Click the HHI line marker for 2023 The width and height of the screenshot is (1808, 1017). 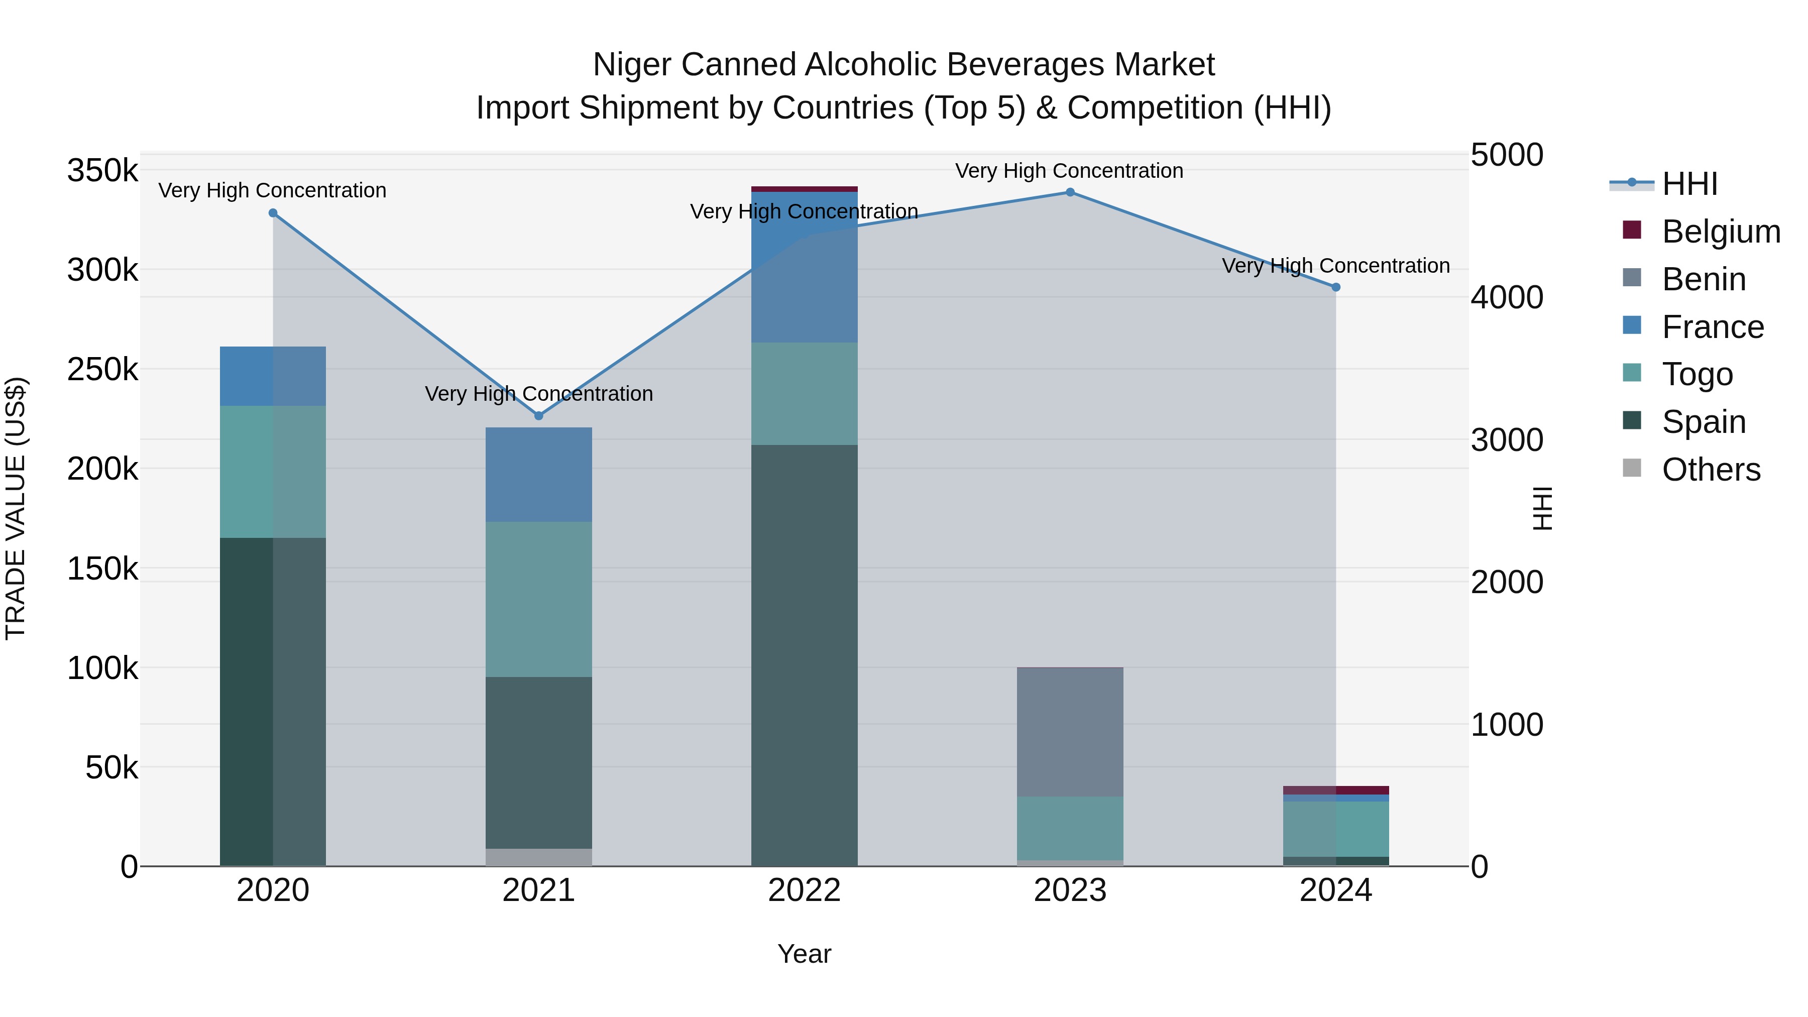(1070, 192)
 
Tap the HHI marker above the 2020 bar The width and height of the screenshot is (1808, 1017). (273, 213)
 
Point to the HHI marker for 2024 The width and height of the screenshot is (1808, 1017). (1335, 287)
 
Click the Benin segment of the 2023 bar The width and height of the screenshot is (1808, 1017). (1070, 732)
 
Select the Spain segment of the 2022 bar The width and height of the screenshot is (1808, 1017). (805, 655)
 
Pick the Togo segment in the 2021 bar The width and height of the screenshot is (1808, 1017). (539, 599)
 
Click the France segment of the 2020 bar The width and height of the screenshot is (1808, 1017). (273, 376)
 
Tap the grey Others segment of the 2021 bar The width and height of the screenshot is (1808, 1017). (539, 857)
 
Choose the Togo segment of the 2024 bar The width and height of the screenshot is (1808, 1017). (1335, 829)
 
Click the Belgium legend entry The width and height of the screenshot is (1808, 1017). (1720, 232)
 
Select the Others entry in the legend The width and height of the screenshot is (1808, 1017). (1711, 470)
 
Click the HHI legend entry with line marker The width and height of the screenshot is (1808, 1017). (1688, 184)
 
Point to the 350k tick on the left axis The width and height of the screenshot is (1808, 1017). (102, 171)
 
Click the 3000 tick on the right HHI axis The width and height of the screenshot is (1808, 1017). (1507, 440)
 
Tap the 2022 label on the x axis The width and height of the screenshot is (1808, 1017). (805, 890)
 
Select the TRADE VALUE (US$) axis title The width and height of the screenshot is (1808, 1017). (16, 508)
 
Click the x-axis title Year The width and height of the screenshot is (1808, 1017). (805, 954)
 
